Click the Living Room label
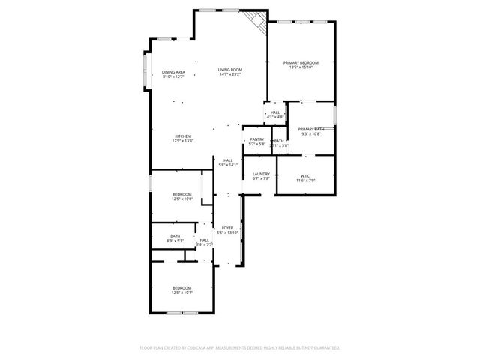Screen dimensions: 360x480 [x=230, y=69]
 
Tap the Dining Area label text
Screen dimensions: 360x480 [x=173, y=72]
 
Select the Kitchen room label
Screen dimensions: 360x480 [x=183, y=136]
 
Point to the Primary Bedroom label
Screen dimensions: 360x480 [x=301, y=62]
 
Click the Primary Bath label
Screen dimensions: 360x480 [x=310, y=129]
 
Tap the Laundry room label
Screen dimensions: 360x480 [x=260, y=174]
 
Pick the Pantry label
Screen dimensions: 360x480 [x=257, y=139]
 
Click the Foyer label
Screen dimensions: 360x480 [x=227, y=227]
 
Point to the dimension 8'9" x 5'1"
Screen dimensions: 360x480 [x=175, y=241]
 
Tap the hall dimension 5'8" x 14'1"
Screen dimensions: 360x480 [x=227, y=165]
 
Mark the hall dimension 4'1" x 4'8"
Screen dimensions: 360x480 [x=275, y=117]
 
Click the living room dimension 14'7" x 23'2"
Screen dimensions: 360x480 [x=230, y=74]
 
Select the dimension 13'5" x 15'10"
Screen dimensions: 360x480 [x=301, y=67]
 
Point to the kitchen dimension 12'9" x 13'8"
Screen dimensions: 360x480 [x=183, y=141]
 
